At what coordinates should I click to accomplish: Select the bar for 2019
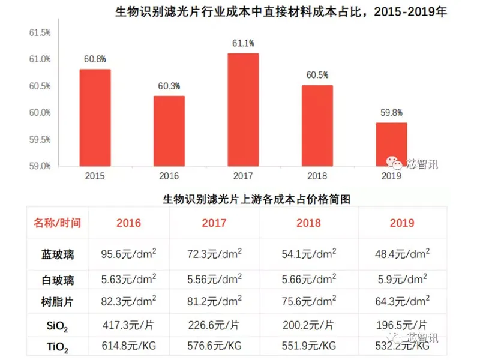tap(391, 144)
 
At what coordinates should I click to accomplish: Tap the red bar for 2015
tap(95, 117)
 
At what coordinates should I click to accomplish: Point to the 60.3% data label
tap(169, 86)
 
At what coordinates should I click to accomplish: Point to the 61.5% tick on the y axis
tap(40, 32)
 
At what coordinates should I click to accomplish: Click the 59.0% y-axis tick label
tap(40, 166)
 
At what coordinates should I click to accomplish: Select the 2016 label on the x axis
tap(169, 176)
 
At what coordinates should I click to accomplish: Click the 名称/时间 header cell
tap(57, 223)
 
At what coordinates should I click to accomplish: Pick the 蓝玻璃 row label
tap(58, 254)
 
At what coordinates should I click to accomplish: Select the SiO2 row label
tap(58, 326)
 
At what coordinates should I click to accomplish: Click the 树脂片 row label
tap(58, 302)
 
